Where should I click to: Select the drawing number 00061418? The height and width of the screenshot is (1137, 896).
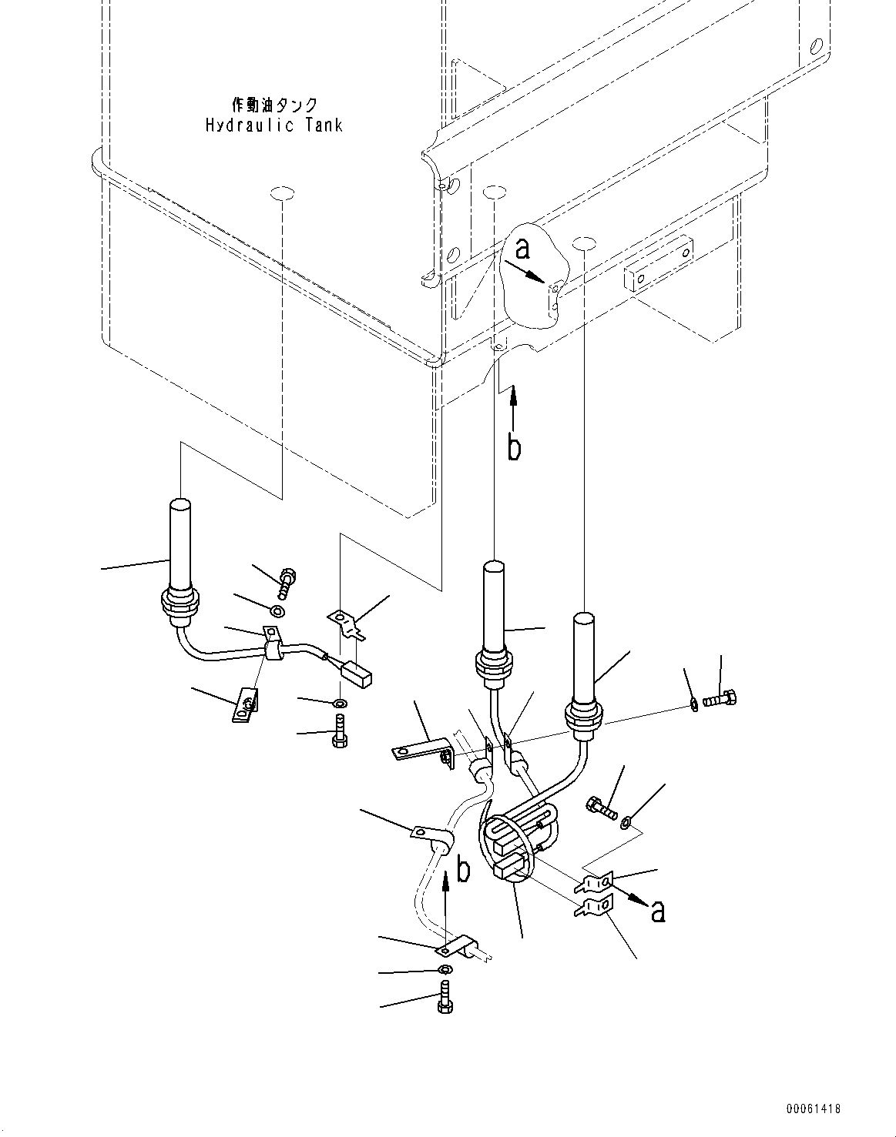coord(813,1109)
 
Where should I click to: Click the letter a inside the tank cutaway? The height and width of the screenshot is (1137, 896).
coord(523,249)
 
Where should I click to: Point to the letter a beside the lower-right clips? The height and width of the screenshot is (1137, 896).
coord(657,911)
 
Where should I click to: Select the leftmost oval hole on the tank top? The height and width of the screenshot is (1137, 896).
coord(282,193)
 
